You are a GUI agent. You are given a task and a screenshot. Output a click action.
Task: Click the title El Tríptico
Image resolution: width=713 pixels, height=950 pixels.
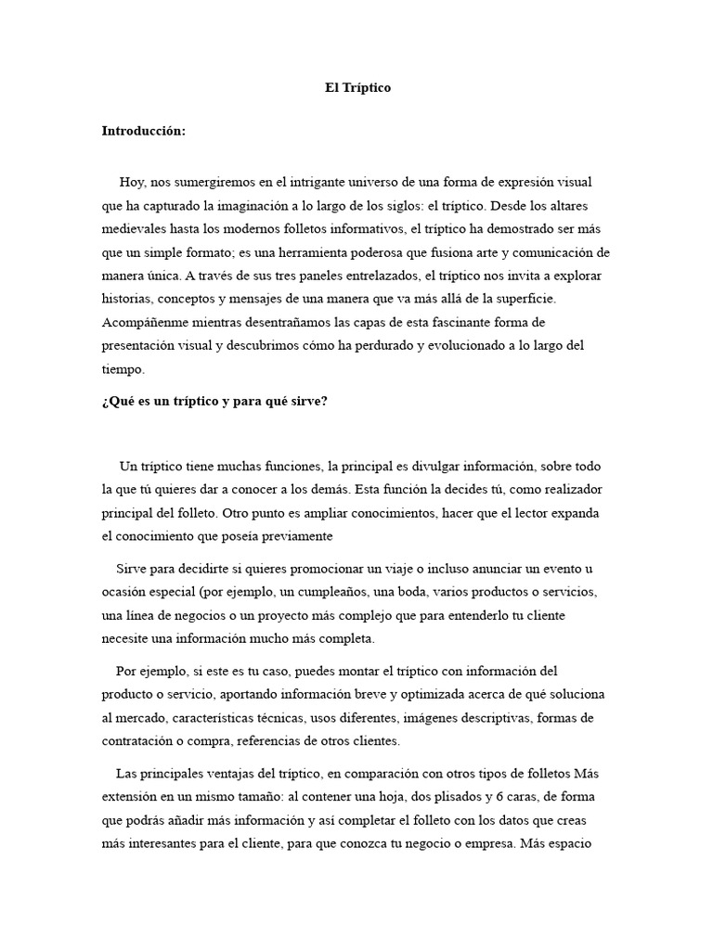point(357,88)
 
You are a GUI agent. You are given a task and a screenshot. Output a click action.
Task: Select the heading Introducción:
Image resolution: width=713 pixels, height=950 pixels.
point(144,131)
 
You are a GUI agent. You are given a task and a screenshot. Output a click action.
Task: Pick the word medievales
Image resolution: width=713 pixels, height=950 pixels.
point(134,228)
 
